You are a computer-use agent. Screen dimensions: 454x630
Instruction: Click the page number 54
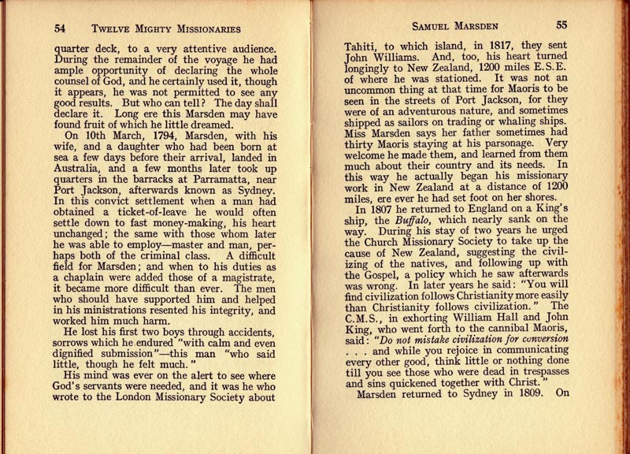click(60, 28)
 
